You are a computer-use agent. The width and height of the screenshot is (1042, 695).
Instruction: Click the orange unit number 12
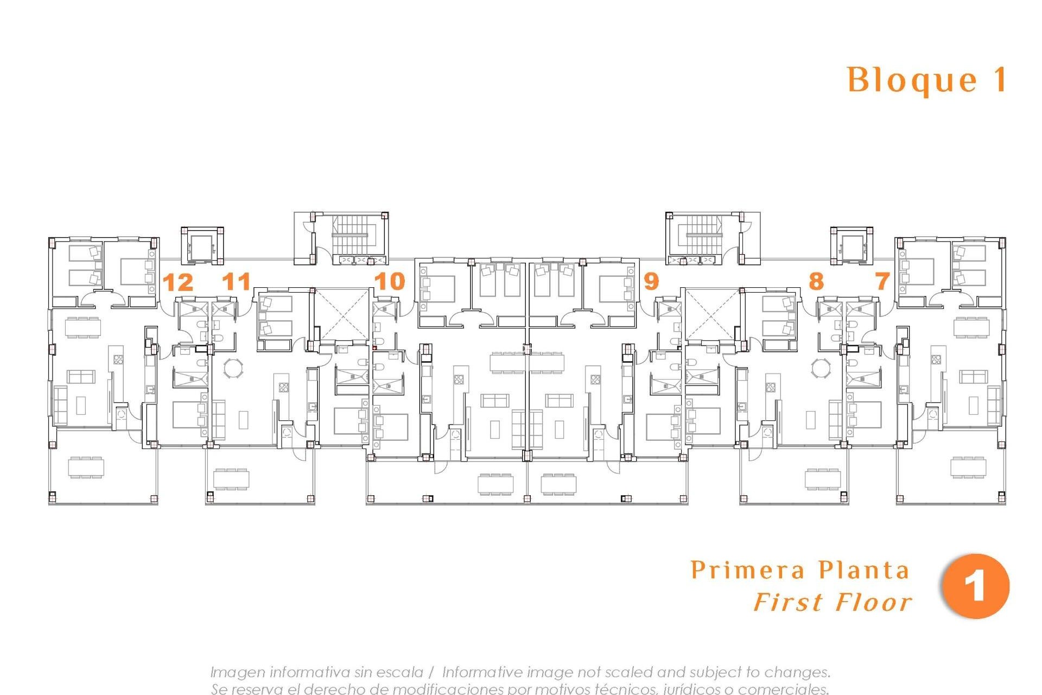click(x=178, y=282)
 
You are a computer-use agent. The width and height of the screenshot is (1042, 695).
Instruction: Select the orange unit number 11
click(x=237, y=281)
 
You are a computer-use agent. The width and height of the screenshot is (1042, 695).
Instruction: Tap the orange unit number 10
click(x=390, y=281)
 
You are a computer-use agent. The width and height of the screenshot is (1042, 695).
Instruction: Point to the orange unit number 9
click(x=651, y=281)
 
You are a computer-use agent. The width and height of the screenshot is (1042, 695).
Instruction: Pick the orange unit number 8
click(x=816, y=281)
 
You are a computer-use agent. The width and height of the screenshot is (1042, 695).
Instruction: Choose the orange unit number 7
click(x=882, y=281)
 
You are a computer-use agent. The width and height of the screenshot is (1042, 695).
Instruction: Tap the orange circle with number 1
click(x=975, y=586)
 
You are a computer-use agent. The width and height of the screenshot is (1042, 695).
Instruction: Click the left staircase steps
click(x=353, y=235)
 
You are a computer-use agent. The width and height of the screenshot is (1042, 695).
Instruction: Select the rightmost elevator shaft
click(x=852, y=247)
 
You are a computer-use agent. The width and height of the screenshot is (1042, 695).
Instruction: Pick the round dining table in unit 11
click(x=234, y=368)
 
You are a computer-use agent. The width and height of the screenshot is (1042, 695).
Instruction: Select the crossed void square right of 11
click(x=341, y=315)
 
